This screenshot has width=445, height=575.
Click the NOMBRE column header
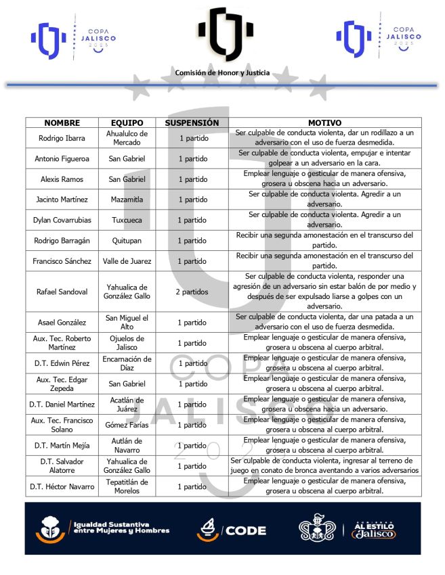coord(62,123)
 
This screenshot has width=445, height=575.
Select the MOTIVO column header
coord(324,123)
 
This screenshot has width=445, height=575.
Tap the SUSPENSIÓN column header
coord(192,123)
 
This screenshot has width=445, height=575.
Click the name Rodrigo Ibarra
coord(62,138)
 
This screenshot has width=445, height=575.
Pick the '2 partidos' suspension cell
coord(192,292)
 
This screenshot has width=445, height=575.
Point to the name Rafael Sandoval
coord(62,292)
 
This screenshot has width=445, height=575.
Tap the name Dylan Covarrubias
coord(62,220)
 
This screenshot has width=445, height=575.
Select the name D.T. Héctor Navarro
coord(62,486)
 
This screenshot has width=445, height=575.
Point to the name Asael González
coord(62,322)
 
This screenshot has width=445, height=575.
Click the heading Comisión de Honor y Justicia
coord(222,72)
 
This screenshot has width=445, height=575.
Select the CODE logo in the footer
coord(232,530)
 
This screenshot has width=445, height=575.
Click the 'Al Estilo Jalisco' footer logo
coord(373,530)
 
